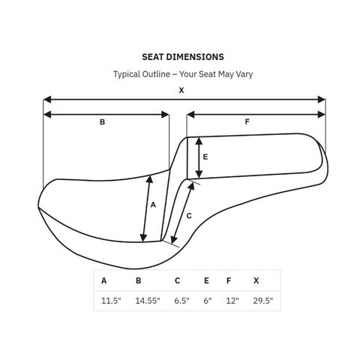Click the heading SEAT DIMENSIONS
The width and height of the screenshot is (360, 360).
tap(183, 57)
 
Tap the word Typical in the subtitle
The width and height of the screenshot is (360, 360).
tap(127, 74)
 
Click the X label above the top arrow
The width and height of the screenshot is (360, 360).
tap(181, 90)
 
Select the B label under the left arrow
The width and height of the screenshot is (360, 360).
tap(102, 122)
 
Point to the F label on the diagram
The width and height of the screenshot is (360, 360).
tap(247, 121)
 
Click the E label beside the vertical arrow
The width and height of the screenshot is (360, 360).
tap(205, 157)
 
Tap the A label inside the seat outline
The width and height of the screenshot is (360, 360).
tap(153, 205)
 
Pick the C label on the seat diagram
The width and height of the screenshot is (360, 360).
tap(189, 216)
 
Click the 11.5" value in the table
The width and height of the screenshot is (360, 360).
tap(111, 301)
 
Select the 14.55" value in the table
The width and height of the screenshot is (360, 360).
tap(148, 301)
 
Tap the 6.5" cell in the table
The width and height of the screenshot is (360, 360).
tap(181, 301)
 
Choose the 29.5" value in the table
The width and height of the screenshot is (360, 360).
tap(263, 301)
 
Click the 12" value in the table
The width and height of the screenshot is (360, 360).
tap(232, 301)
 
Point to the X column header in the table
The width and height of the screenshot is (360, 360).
tap(256, 280)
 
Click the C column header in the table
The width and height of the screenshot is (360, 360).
tap(177, 280)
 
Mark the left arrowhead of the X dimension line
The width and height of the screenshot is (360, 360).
tap(47, 100)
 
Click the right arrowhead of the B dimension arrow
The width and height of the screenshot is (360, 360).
tap(165, 115)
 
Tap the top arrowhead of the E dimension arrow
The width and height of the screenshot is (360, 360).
tap(199, 141)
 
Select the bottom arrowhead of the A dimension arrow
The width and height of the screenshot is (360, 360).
tap(143, 238)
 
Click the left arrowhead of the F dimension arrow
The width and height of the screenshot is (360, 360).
tap(190, 115)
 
